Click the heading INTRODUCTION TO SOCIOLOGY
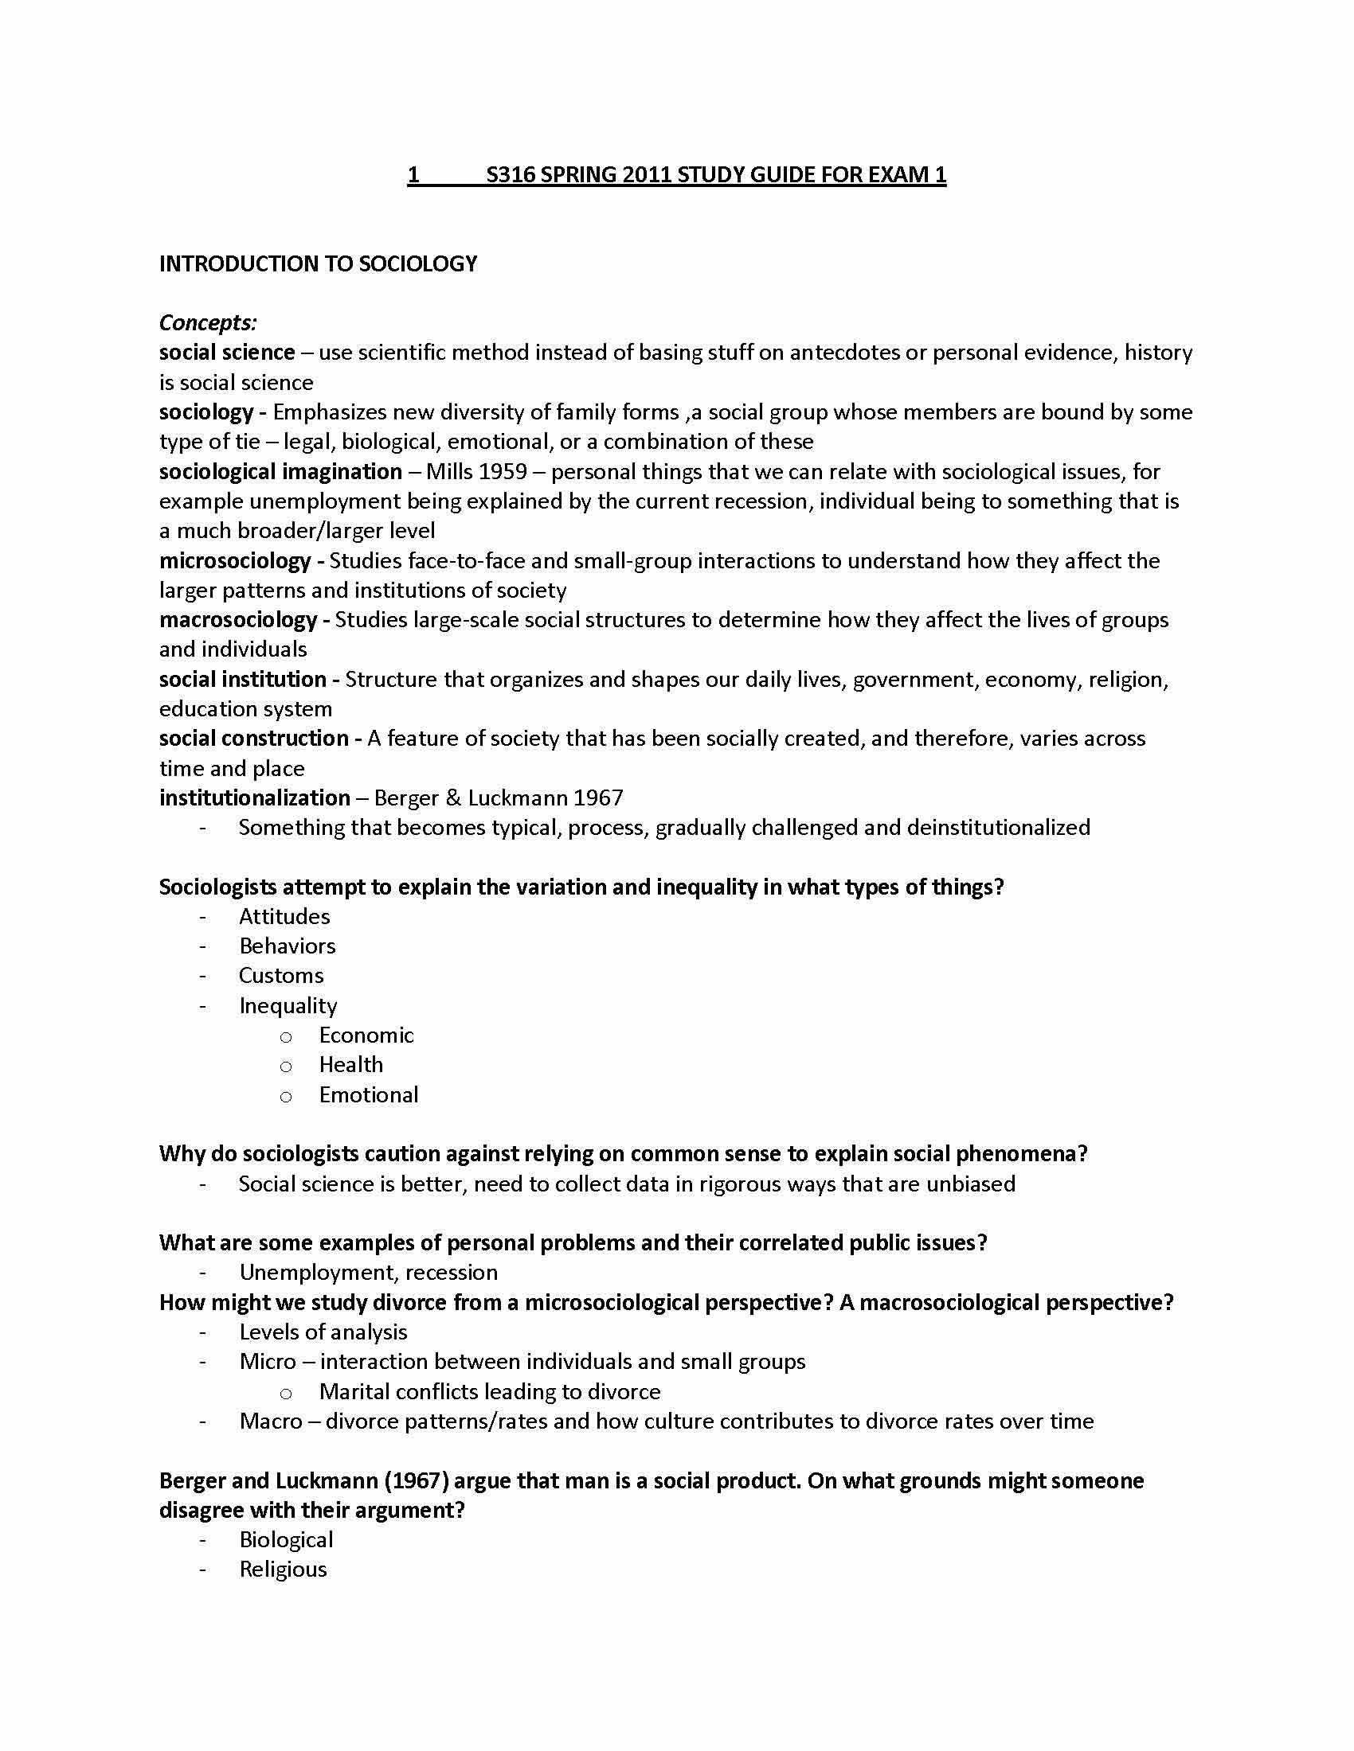tap(318, 263)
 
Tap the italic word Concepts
tap(208, 322)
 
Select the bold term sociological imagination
tap(280, 471)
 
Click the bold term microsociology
tap(234, 560)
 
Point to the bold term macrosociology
tap(238, 620)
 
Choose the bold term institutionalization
tap(254, 798)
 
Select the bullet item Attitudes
tap(284, 916)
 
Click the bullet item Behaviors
tap(288, 946)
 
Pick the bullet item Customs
tap(280, 976)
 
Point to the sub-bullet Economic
tap(366, 1035)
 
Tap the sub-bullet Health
tap(350, 1065)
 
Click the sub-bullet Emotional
tap(368, 1094)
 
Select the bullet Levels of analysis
tap(323, 1332)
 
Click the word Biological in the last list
tap(286, 1539)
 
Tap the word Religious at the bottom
tap(284, 1569)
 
